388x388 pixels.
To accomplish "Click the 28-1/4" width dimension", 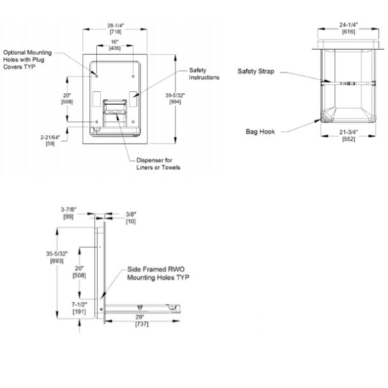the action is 116,29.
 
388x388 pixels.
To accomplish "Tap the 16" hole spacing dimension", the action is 115,45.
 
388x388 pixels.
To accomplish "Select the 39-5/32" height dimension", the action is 175,98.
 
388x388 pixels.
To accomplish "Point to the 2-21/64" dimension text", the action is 50,140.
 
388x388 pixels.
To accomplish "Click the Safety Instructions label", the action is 204,74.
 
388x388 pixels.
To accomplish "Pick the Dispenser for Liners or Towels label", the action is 158,164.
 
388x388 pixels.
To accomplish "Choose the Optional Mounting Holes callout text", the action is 27,59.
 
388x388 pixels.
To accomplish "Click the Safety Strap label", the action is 256,71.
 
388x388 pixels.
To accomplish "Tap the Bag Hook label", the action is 260,131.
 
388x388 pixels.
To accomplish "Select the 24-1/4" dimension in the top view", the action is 348,28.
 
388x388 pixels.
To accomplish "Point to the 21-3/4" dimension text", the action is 348,135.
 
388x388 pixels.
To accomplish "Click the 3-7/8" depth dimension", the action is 68,213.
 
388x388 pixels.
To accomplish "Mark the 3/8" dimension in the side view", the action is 131,218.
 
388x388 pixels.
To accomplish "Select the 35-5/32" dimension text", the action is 57,257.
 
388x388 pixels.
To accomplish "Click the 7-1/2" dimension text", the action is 79,308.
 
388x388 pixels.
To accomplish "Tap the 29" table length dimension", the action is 142,320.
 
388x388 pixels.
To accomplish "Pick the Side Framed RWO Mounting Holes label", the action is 158,273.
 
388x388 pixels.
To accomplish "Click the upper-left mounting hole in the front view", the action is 96,76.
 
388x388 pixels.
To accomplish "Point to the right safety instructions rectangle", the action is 133,99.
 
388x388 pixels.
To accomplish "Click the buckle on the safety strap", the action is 347,84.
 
